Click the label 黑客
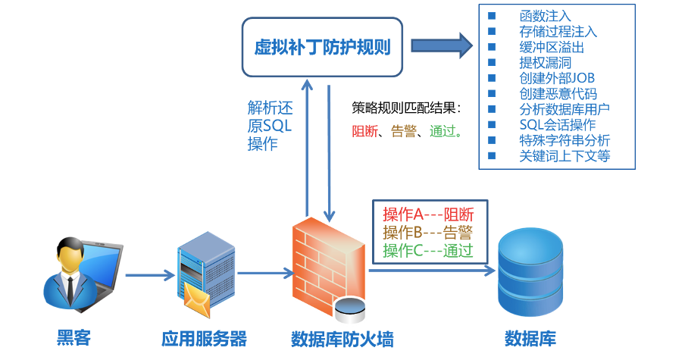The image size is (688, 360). pyautogui.click(x=73, y=338)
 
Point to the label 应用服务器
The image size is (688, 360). pyautogui.click(x=205, y=338)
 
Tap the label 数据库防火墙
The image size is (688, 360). pyautogui.click(x=342, y=338)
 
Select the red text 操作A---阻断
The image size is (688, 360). pyautogui.click(x=427, y=214)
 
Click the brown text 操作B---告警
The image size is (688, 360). pyautogui.click(x=427, y=232)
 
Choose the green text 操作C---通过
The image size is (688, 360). pyautogui.click(x=427, y=250)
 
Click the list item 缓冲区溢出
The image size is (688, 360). pyautogui.click(x=551, y=47)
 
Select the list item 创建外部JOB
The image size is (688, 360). pyautogui.click(x=557, y=78)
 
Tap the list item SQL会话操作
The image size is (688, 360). pyautogui.click(x=558, y=125)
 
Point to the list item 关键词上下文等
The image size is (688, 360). pyautogui.click(x=564, y=156)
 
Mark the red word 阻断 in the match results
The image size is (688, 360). pyautogui.click(x=363, y=130)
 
